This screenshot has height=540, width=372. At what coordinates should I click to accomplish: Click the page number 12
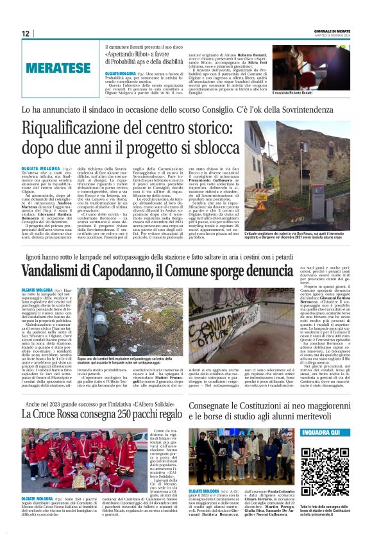pyautogui.click(x=26, y=33)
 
